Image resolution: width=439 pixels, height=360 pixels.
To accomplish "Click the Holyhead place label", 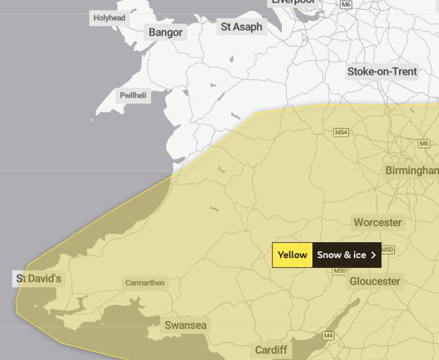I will [110, 18].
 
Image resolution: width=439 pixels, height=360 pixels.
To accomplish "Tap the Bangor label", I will [165, 32].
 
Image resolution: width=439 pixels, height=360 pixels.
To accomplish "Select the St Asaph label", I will [241, 27].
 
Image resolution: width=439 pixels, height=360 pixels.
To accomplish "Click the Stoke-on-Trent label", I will [382, 71].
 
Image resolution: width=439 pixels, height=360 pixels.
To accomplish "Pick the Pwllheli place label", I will [133, 96].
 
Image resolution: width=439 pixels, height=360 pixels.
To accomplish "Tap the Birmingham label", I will [412, 169].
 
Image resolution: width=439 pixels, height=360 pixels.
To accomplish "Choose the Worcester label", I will [377, 222].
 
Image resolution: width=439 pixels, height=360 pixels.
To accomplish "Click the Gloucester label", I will [375, 281].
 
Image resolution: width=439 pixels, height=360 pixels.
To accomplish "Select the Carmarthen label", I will [145, 283].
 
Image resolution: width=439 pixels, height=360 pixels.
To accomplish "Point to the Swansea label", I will [185, 325].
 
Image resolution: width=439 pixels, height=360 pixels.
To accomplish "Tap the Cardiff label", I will [271, 350].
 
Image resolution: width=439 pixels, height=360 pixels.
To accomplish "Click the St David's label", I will [39, 278].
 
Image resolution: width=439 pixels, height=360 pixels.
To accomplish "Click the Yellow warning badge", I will [292, 255].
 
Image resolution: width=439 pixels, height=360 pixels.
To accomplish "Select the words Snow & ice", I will [341, 255].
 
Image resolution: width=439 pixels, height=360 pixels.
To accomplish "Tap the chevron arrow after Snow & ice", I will [373, 255].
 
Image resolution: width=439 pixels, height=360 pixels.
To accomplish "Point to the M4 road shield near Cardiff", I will [329, 335].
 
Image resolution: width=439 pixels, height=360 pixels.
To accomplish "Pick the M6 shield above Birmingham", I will [423, 143].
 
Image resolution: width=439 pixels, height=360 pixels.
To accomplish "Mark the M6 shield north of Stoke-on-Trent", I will [346, 4].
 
